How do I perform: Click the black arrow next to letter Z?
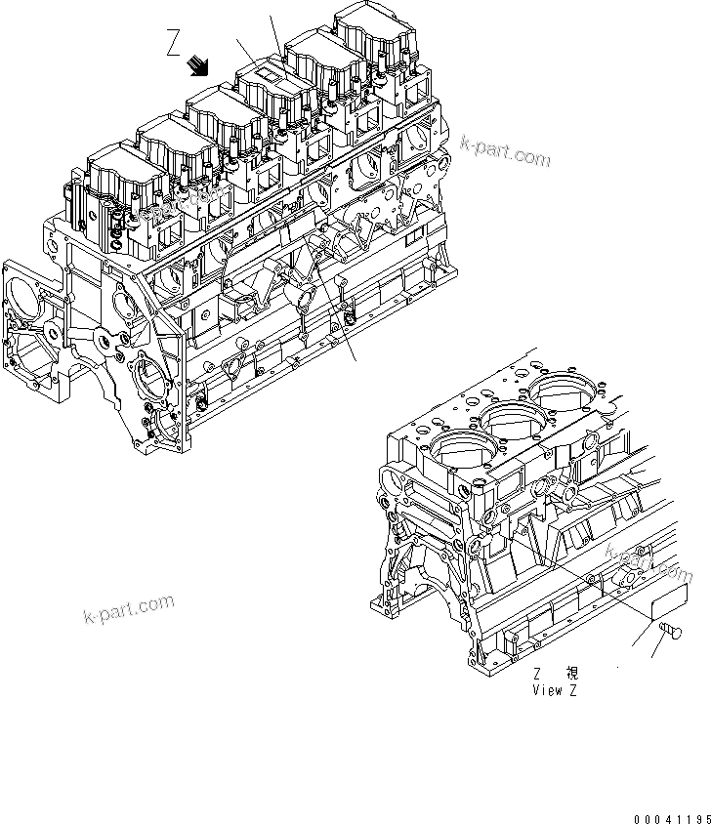[x=200, y=65]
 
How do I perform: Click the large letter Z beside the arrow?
[x=173, y=45]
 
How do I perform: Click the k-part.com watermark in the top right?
[x=506, y=152]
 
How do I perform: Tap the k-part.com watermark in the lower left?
[x=128, y=611]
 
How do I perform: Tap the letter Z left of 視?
[x=538, y=673]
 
